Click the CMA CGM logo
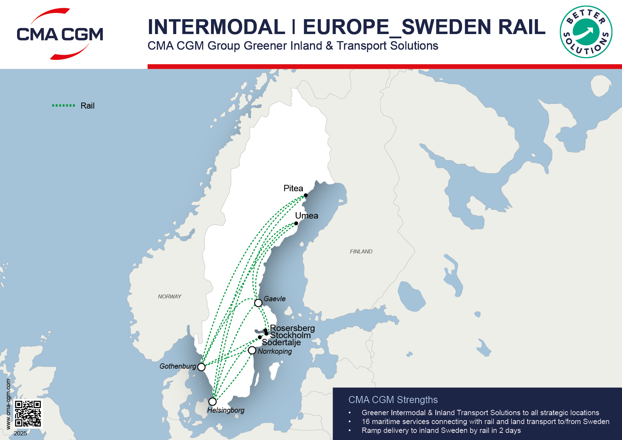[60, 34]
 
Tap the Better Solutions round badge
[586, 32]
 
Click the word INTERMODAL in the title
[216, 27]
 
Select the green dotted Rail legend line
[63, 105]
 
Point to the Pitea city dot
[306, 195]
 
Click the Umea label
[306, 215]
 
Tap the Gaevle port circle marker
[258, 303]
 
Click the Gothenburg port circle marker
[201, 367]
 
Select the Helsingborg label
[226, 410]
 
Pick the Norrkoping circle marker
[252, 350]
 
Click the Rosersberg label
[292, 328]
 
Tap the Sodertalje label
[281, 342]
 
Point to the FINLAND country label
[361, 251]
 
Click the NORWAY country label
[170, 296]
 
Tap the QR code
[28, 413]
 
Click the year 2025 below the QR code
[20, 433]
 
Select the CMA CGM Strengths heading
[393, 400]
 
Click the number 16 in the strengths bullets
[365, 422]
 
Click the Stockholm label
[290, 335]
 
